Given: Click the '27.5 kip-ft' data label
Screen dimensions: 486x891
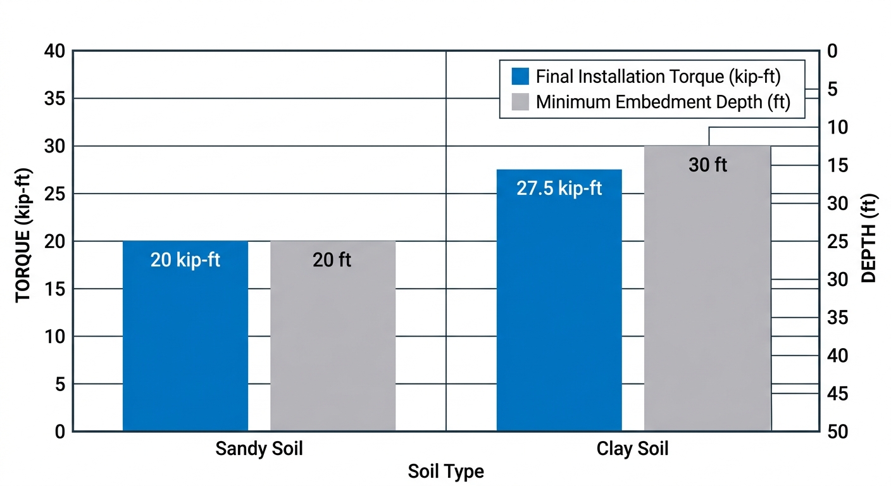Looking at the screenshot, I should [559, 189].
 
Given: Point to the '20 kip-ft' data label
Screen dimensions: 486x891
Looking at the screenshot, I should [185, 260].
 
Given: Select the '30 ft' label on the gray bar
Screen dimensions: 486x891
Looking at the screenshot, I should [707, 165].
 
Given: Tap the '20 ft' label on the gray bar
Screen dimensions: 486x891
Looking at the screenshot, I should [332, 260].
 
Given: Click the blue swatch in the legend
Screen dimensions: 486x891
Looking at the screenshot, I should [520, 77].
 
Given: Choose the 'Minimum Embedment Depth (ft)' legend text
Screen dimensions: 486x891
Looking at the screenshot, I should [663, 102].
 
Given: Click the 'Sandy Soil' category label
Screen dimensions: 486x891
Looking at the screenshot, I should [259, 449].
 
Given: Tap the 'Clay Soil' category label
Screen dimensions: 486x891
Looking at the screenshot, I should [632, 449].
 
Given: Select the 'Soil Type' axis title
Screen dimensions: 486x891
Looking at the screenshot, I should [445, 471].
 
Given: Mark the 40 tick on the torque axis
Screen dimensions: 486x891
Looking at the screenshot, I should [54, 51].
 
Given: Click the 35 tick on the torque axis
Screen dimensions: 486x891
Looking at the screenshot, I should [54, 99].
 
